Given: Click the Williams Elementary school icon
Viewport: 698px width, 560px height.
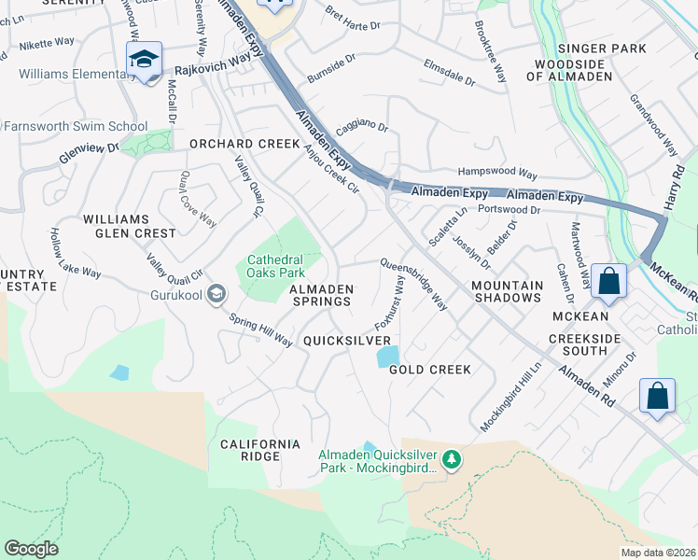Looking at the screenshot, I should [x=144, y=60].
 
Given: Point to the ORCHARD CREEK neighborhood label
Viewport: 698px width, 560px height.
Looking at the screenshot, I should [x=244, y=144].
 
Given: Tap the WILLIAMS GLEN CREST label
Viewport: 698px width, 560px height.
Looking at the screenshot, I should [x=129, y=226].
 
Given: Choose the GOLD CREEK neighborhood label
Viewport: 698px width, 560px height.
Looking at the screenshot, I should [x=429, y=370].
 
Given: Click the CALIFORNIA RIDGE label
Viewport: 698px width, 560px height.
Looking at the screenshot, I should [x=260, y=450].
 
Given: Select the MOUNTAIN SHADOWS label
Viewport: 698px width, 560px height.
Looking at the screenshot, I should [x=506, y=291].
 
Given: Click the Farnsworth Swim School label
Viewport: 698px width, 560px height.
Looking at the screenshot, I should [x=75, y=126].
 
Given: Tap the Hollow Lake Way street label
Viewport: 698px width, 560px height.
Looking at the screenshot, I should [x=75, y=253].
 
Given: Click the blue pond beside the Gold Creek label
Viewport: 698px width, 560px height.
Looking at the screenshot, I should [x=387, y=357].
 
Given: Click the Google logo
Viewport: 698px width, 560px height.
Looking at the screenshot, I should [x=31, y=549].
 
